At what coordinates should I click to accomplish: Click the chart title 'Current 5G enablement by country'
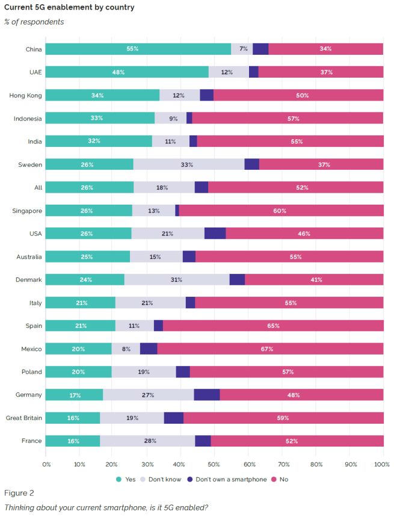point(69,8)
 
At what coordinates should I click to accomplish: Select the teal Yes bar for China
point(138,49)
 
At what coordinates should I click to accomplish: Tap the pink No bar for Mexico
point(270,348)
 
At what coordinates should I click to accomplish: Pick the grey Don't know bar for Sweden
point(189,164)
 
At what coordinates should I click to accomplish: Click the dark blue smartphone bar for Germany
point(207,395)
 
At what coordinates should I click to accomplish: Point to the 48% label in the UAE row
point(118,72)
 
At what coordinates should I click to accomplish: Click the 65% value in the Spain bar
point(273,326)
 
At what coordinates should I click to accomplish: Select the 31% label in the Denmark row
point(177,280)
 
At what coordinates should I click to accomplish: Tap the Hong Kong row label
point(25,95)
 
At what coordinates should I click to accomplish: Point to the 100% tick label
point(382,464)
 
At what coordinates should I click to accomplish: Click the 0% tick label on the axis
point(47,464)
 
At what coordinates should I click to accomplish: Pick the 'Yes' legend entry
point(126,479)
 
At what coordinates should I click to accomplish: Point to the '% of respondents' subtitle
point(34,22)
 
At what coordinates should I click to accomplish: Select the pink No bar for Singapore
point(281,210)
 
